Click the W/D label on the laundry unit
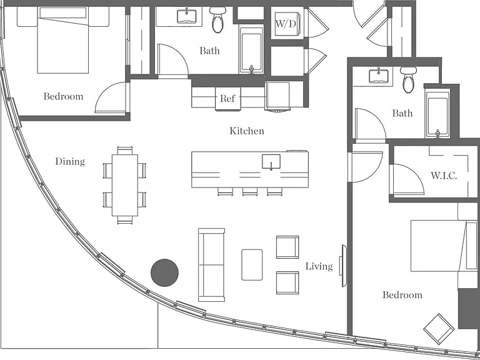pos(286,24)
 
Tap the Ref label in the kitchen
pos(227,99)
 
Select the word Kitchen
pos(247,131)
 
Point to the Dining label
pos(70,162)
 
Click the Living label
pos(319,266)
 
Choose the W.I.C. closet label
pos(444,176)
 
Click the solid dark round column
pos(165,272)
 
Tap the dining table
pos(124,185)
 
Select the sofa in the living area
pos(211,265)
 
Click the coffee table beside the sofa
pos(252,265)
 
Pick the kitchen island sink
pos(271,162)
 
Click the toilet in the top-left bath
pos(217,19)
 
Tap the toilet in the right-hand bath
pos(408,79)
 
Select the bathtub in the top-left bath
pos(251,51)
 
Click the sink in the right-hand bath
pos(379,76)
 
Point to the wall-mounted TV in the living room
pos(344,266)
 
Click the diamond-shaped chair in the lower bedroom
pos(439,329)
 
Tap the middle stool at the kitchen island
pos(250,192)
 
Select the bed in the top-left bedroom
pos(63,40)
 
